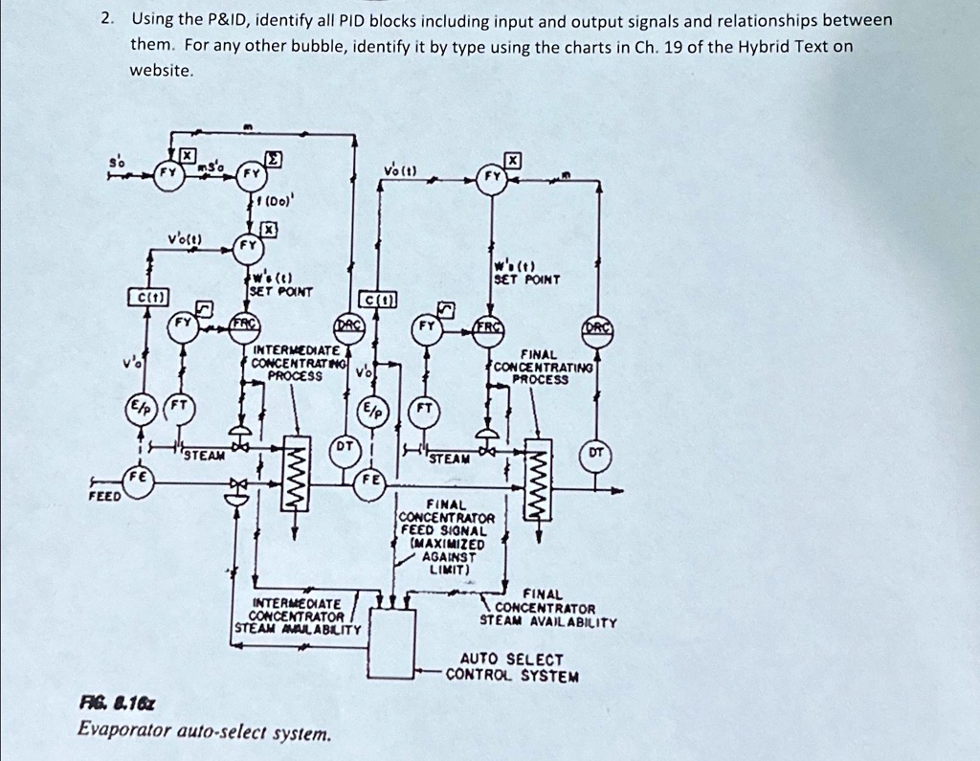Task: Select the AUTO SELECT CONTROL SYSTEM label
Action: click(x=512, y=667)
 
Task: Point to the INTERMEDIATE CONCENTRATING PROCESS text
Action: click(x=294, y=364)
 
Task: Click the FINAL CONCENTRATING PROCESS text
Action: click(x=543, y=367)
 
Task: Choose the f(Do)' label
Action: click(x=273, y=202)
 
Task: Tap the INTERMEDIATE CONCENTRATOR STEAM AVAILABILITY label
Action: click(x=297, y=616)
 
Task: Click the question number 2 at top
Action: click(x=110, y=19)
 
